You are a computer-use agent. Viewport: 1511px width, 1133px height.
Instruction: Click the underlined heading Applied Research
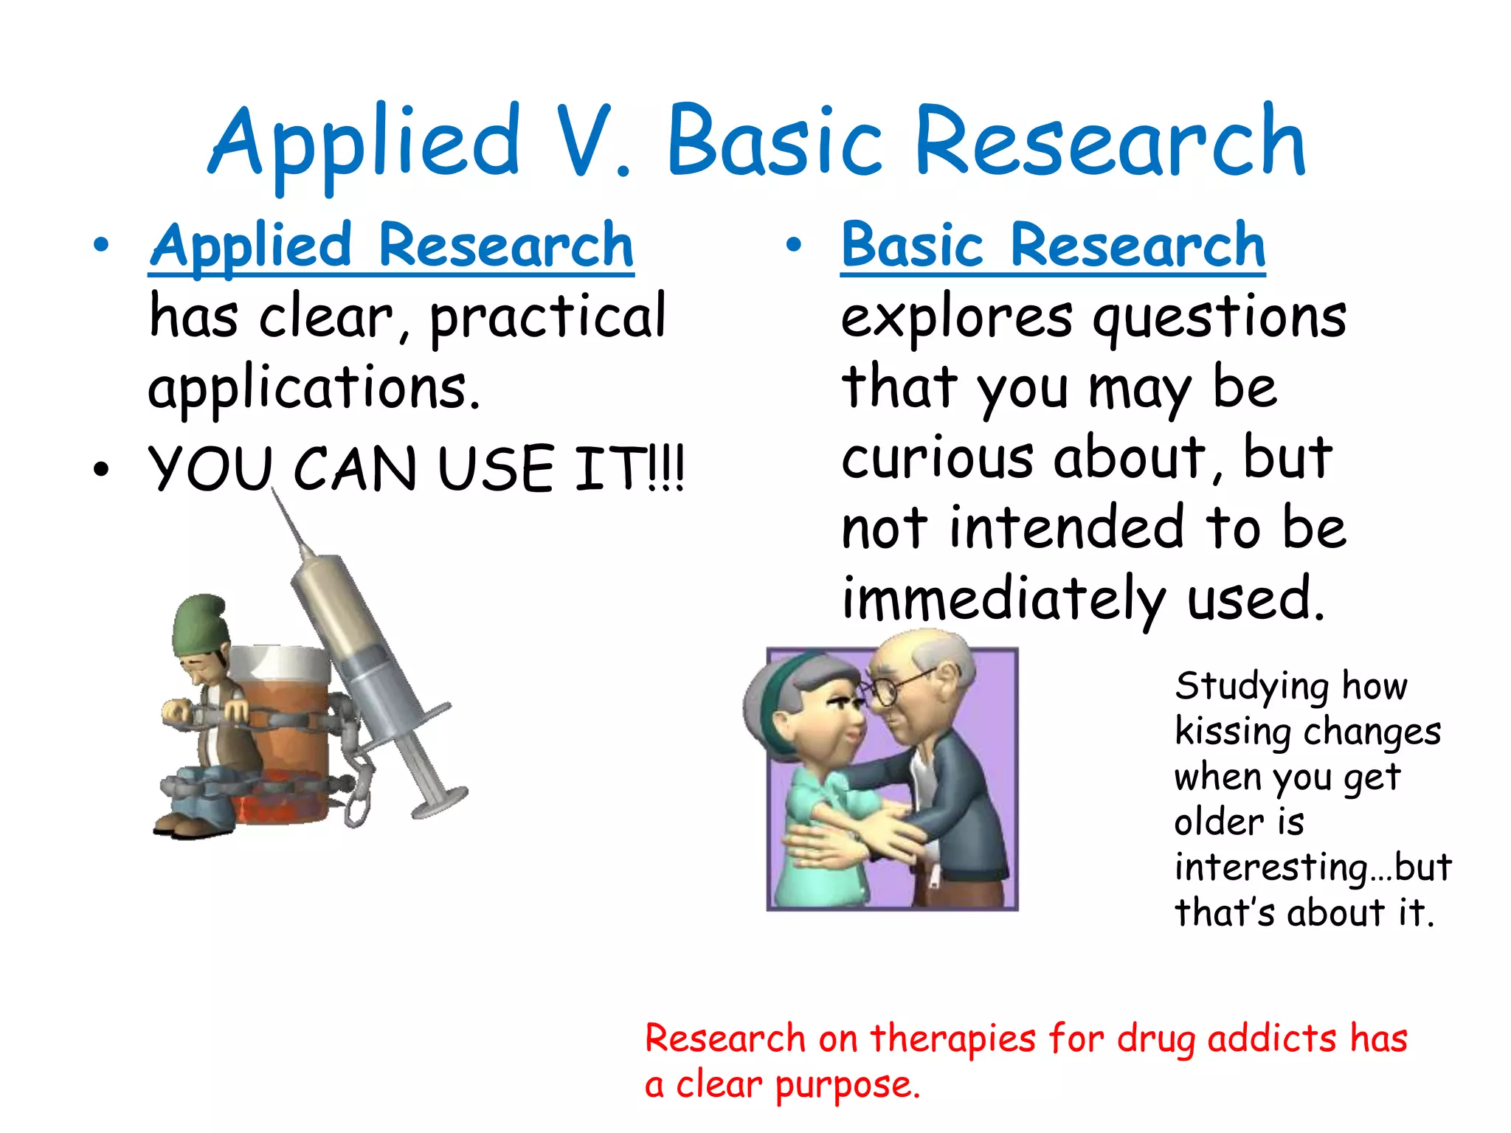coord(391,246)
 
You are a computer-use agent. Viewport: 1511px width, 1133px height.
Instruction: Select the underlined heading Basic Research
coord(1053,246)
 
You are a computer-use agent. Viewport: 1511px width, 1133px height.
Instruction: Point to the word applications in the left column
coord(313,389)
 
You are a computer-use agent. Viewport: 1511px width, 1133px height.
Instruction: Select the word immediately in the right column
coord(1003,599)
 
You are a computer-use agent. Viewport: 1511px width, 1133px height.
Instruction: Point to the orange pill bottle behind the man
coord(288,730)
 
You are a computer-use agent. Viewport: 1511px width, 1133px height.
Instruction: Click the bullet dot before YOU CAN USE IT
coord(101,469)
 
